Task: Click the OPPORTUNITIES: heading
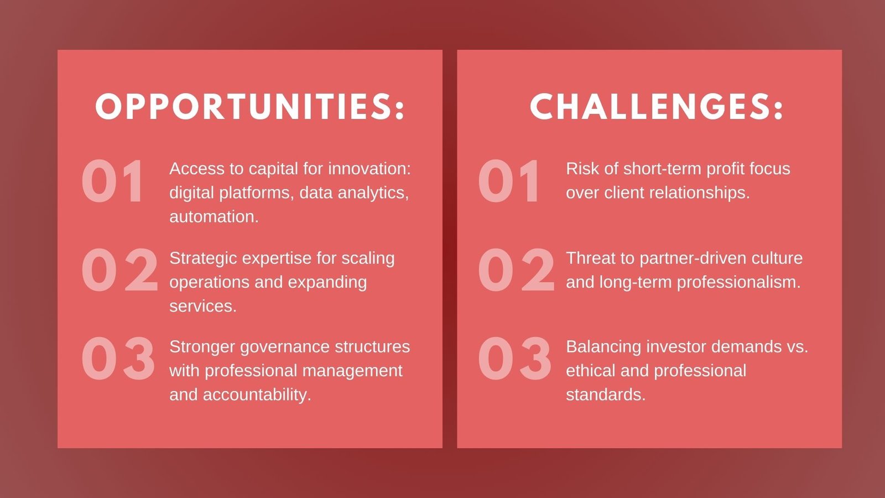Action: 250,106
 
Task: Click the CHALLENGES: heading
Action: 656,106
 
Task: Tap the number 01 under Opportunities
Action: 112,181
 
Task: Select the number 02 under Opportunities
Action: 119,270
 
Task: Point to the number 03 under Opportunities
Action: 118,359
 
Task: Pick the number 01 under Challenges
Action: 508,181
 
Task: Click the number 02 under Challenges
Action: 516,270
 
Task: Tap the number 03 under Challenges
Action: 514,359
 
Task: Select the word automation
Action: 214,217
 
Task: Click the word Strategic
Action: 202,258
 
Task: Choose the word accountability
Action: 257,395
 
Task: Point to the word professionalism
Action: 739,283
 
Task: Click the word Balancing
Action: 603,347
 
